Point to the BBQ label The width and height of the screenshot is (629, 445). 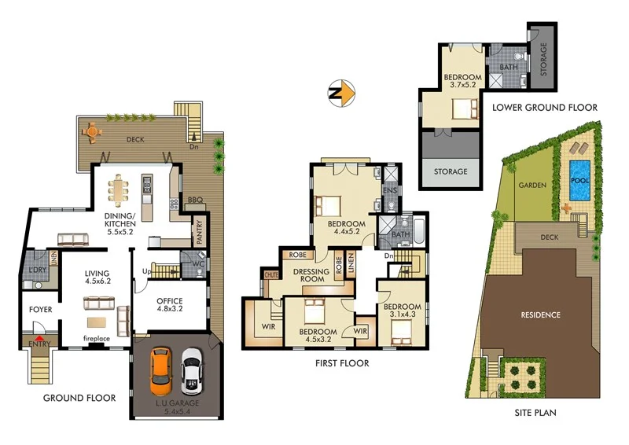[x=195, y=200]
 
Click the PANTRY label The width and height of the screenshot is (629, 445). [x=200, y=234]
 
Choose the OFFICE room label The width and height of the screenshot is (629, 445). [x=170, y=302]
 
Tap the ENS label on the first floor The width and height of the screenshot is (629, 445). [x=388, y=191]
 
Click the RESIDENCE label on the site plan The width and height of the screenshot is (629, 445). [x=540, y=315]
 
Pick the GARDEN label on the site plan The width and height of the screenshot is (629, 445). [x=532, y=186]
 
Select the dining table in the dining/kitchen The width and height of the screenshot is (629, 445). [x=121, y=189]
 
